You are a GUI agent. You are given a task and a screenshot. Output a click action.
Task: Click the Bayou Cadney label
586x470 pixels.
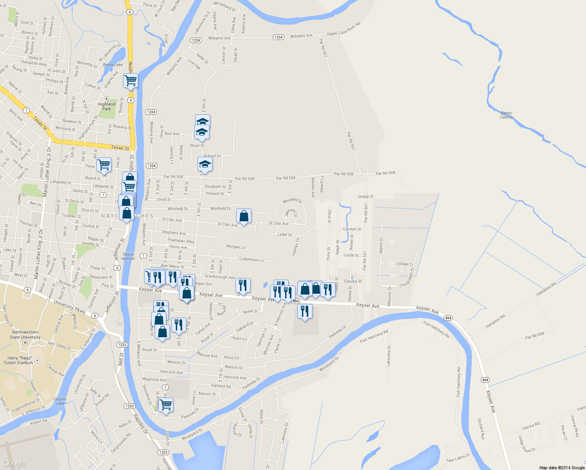click(506, 115)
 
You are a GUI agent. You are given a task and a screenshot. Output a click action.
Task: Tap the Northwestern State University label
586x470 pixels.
click(25, 334)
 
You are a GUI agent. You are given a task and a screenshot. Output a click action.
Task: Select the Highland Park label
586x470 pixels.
click(107, 107)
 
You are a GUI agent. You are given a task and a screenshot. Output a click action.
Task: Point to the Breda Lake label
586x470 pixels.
click(113, 65)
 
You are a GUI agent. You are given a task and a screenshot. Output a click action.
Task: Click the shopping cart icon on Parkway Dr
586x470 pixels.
click(166, 405)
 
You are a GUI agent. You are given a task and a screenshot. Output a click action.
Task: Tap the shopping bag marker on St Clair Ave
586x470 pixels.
click(244, 216)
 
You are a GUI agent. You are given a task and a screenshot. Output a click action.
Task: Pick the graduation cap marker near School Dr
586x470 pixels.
click(205, 164)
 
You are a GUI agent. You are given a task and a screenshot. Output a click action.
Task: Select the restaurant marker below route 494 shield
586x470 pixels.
click(305, 311)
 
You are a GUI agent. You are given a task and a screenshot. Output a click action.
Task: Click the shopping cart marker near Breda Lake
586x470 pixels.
click(130, 81)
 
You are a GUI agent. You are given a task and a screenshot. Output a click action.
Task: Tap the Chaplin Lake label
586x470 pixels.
click(60, 401)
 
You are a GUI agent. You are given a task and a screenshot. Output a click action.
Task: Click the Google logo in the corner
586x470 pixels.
click(14, 464)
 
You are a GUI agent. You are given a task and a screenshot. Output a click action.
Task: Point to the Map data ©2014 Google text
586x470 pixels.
click(562, 468)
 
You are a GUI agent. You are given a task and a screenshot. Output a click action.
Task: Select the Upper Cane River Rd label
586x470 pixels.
click(343, 29)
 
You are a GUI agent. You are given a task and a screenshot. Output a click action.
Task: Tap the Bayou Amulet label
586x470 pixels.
click(128, 256)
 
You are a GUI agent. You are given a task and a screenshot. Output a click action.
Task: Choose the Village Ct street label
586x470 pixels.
click(405, 264)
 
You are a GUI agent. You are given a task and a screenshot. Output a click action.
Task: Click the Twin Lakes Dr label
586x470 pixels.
click(458, 458)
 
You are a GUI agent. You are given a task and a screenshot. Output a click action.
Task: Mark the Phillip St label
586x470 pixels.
click(366, 197)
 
